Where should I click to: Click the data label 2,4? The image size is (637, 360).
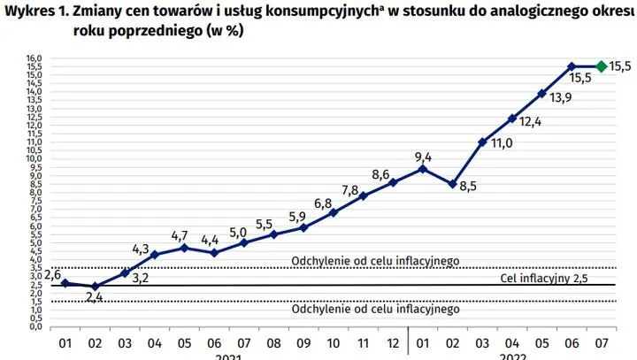(96, 297)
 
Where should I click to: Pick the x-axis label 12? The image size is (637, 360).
(394, 341)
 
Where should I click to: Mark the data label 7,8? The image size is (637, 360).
(350, 189)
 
